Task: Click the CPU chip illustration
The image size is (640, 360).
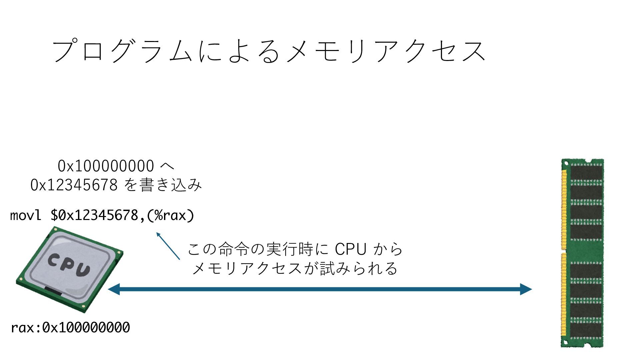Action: click(x=69, y=269)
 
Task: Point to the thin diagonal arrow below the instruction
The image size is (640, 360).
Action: click(x=168, y=246)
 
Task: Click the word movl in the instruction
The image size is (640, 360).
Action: click(x=26, y=215)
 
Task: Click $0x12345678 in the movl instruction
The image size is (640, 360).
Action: click(x=94, y=215)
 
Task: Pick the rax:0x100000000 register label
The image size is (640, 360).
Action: click(x=70, y=328)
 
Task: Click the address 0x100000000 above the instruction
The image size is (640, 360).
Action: click(x=106, y=166)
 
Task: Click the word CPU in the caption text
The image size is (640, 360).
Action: click(x=350, y=249)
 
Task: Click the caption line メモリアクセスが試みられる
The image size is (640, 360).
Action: click(x=295, y=268)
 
